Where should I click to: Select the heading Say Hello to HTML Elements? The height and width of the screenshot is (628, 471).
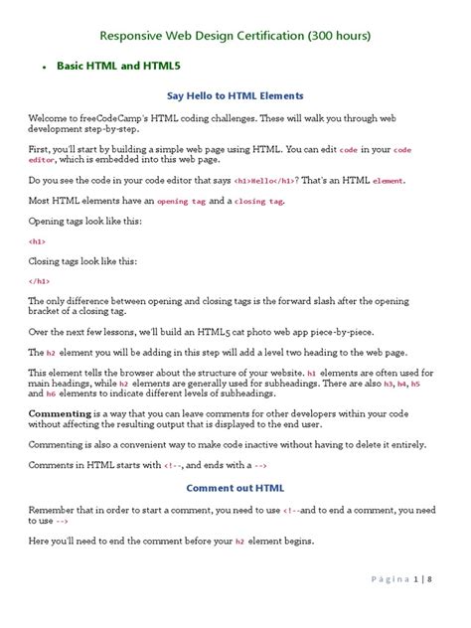(235, 95)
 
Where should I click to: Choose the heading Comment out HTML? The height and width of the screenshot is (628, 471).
(235, 488)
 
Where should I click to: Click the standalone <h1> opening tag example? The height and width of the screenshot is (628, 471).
(38, 241)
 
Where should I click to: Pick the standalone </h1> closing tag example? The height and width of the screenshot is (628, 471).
(40, 281)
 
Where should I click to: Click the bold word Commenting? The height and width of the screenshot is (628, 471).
(60, 411)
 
